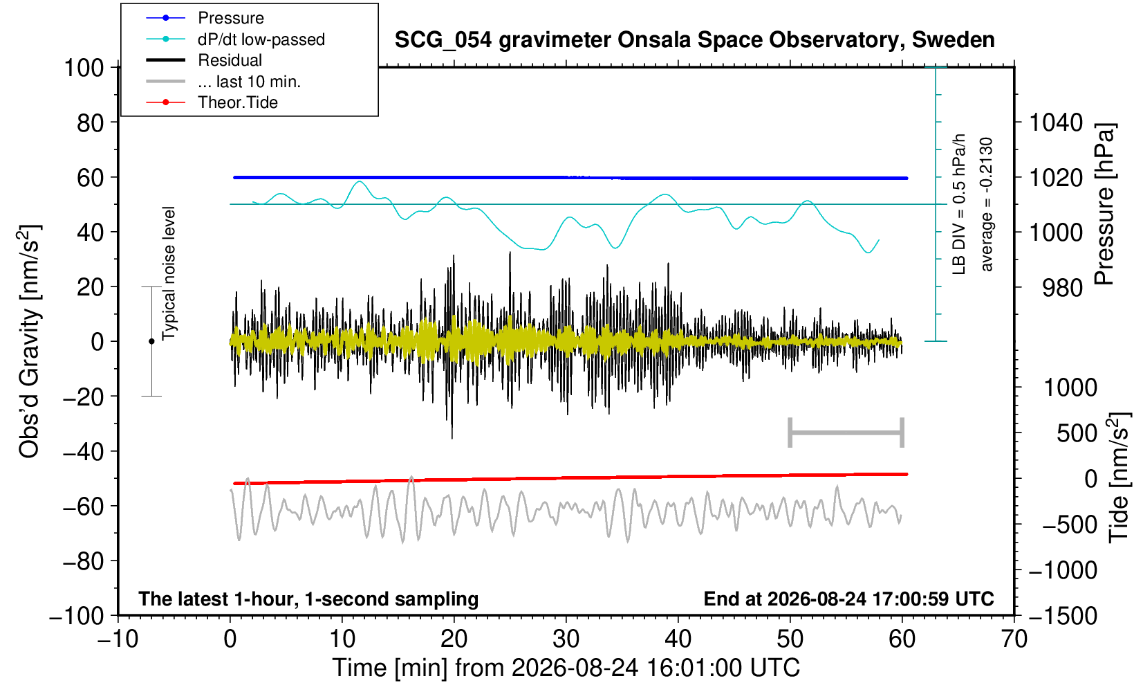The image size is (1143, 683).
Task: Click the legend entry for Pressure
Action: pos(231,18)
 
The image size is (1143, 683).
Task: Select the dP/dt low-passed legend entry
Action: pos(261,39)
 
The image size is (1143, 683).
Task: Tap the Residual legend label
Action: pos(230,60)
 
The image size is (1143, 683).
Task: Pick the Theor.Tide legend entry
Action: pos(238,102)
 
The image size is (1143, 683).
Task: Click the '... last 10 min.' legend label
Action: pos(249,81)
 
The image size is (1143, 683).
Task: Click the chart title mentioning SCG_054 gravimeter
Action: pos(694,39)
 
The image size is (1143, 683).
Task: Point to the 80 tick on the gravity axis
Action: pos(91,122)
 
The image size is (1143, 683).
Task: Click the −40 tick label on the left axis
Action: pos(83,451)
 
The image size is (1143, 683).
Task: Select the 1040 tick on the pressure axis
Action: pos(1056,122)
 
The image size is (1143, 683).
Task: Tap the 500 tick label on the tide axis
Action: pos(1077,433)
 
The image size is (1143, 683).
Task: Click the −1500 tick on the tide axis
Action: pos(1063,616)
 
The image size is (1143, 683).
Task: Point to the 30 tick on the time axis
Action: pos(566,639)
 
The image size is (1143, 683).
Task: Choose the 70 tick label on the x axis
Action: pos(1014,639)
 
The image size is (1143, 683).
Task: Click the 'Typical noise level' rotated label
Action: pos(169,273)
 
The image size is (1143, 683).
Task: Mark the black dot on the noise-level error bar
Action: pos(151,341)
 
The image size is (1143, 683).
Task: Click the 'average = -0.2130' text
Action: pos(986,204)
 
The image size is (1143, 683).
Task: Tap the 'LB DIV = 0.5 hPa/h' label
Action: pos(959,204)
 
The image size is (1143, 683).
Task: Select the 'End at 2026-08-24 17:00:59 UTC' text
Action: pos(848,598)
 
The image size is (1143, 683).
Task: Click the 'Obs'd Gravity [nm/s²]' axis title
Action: pos(28,341)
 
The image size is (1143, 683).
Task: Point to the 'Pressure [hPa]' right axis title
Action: pos(1104,204)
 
